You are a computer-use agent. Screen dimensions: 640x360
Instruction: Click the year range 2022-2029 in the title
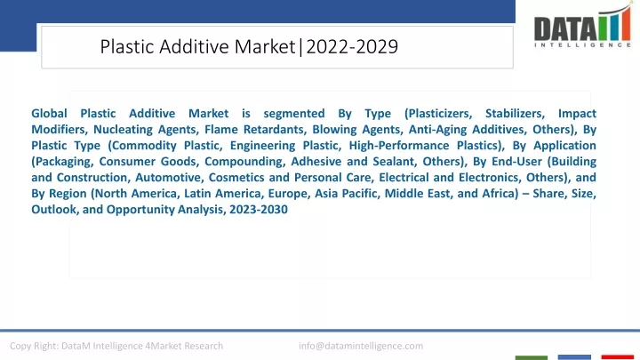[x=352, y=46]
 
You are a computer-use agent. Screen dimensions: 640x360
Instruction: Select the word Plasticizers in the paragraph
[x=438, y=114]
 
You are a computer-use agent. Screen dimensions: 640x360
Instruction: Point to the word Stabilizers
[x=515, y=114]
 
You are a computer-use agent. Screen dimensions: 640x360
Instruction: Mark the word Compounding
[x=244, y=162]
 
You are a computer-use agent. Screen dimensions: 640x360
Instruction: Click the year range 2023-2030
[x=259, y=210]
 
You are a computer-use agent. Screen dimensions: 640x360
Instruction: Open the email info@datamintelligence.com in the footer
[x=361, y=346]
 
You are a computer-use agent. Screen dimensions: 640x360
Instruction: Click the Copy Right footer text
[x=116, y=346]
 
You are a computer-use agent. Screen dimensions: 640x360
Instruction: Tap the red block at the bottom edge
[x=618, y=357]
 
